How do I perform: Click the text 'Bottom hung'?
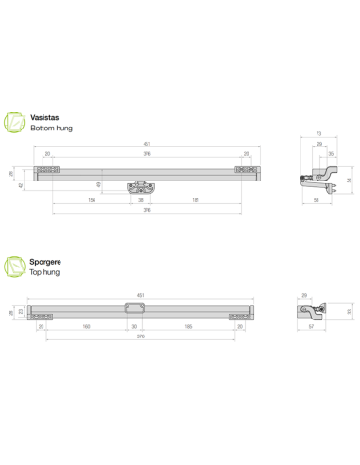click(x=51, y=128)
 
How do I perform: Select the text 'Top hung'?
click(x=44, y=272)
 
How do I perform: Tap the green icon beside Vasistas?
click(x=16, y=122)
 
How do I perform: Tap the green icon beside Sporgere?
click(x=16, y=267)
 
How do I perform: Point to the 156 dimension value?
click(x=92, y=199)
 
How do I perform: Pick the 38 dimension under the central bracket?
click(x=141, y=199)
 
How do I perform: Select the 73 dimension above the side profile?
click(x=318, y=136)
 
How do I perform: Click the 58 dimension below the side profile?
click(x=315, y=200)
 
